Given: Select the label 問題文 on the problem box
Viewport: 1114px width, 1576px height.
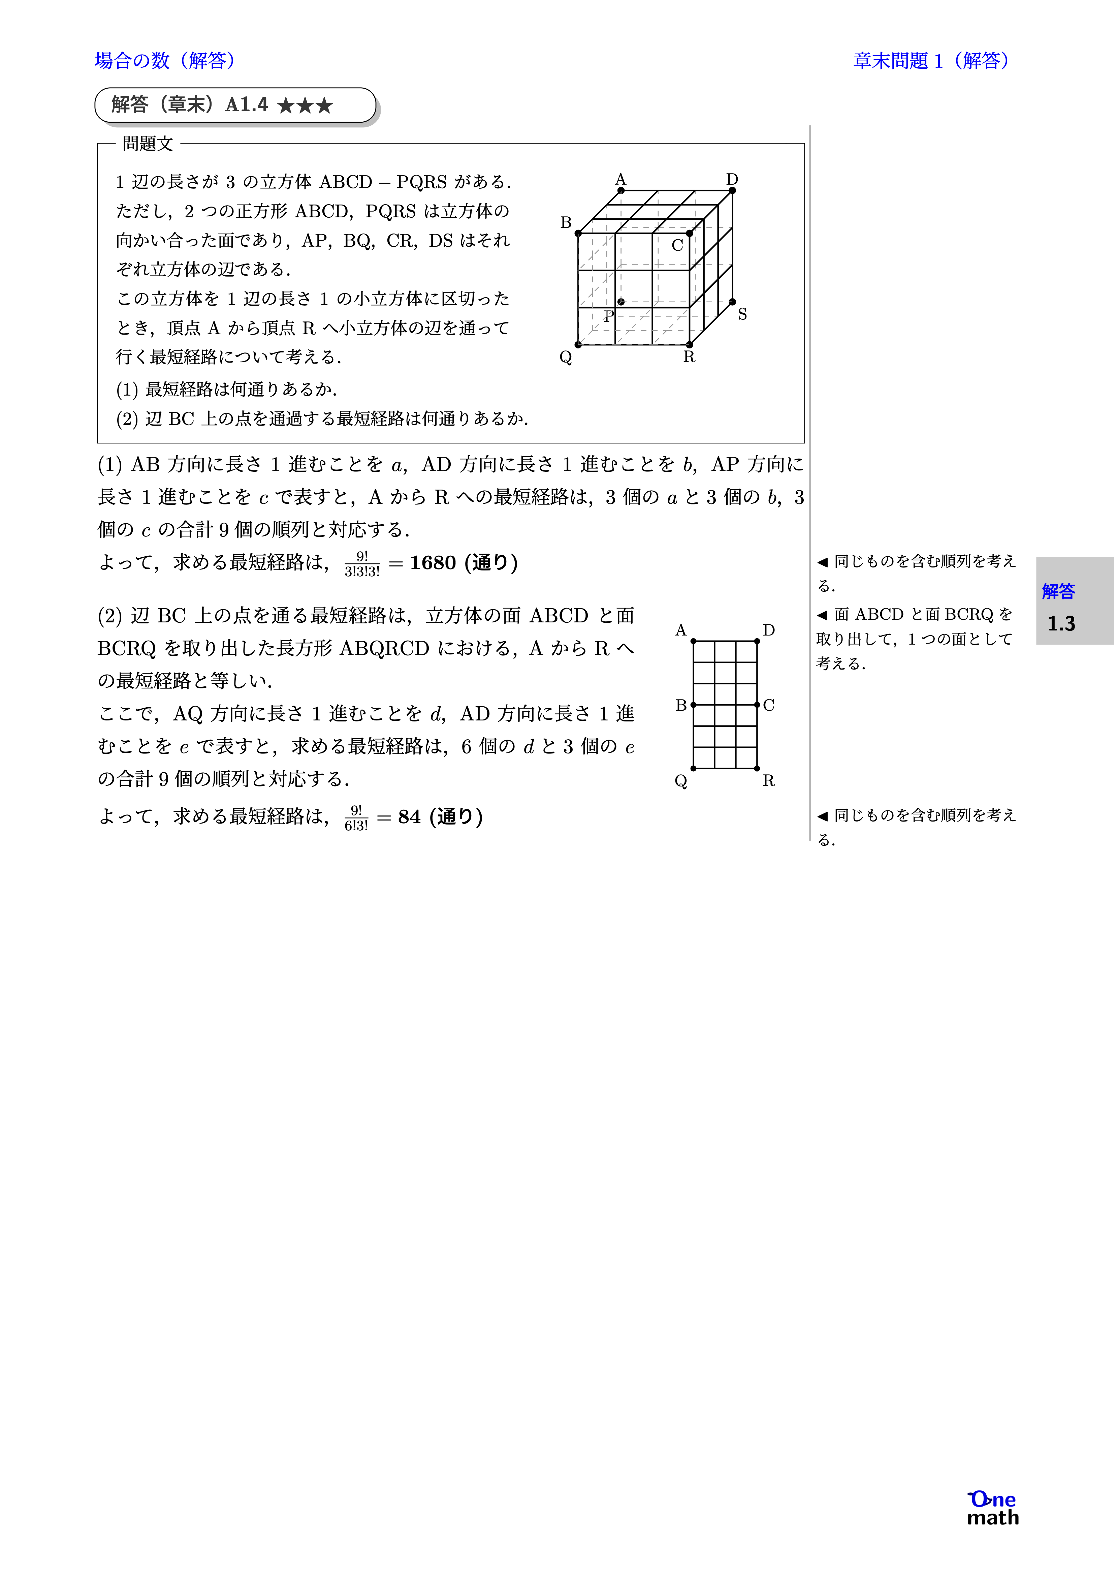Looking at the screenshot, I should coord(148,144).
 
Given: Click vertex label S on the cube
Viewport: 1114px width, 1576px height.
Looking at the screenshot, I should coord(742,314).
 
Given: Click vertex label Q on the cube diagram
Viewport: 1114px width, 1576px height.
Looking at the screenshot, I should coord(566,357).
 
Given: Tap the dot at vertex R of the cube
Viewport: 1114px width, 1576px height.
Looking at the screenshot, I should coord(689,345).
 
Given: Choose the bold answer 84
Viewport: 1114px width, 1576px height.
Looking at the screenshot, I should coord(409,817).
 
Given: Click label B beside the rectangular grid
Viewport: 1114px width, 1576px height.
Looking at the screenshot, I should coord(681,705).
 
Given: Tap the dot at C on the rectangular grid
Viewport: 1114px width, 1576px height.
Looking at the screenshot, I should coord(756,705).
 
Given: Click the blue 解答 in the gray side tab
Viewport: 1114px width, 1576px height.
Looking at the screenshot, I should coord(1058,591).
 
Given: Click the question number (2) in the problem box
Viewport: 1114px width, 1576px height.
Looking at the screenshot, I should coord(127,419).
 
